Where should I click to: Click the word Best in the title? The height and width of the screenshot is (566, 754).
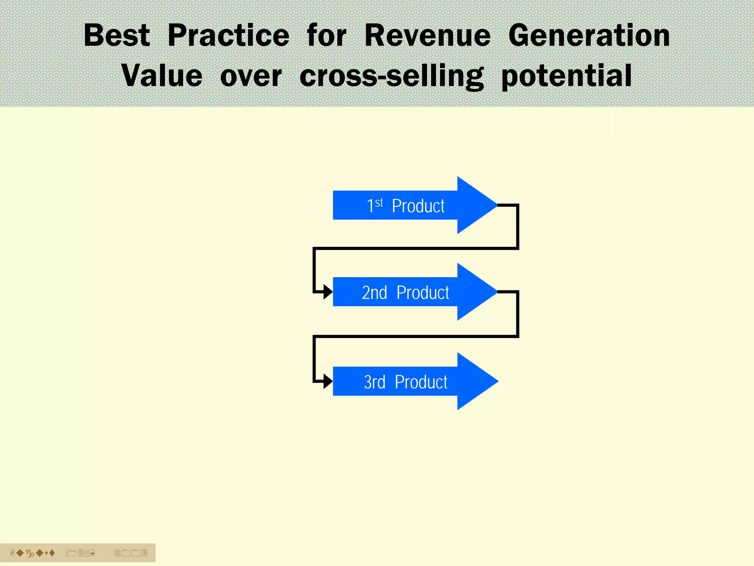click(117, 35)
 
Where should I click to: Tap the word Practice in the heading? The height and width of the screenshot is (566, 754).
click(228, 35)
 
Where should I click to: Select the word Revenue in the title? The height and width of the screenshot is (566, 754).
click(427, 35)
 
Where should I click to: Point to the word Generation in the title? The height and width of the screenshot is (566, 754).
click(589, 35)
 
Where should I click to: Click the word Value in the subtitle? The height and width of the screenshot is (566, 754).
click(162, 76)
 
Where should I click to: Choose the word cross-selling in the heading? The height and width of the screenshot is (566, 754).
click(391, 76)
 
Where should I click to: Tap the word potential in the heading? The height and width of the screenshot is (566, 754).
click(567, 76)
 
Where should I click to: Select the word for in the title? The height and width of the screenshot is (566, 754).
click(327, 35)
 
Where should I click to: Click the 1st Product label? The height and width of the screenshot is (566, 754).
click(405, 206)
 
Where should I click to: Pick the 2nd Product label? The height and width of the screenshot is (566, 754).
click(405, 293)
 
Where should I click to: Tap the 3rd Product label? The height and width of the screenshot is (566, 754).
click(405, 382)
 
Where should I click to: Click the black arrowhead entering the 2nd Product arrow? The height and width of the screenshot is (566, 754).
click(328, 292)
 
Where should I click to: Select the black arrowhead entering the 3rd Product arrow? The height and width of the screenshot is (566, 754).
click(328, 381)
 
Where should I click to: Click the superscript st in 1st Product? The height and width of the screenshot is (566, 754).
click(379, 202)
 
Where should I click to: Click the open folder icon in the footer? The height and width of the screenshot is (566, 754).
click(71, 553)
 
